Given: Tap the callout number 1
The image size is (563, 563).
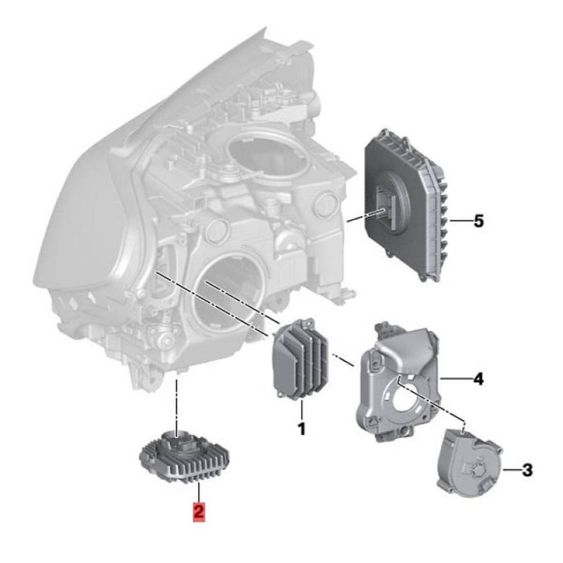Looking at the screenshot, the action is [x=302, y=429].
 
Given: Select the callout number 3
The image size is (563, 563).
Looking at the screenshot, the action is [x=527, y=470].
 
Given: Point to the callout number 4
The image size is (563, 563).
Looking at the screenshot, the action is [x=479, y=379].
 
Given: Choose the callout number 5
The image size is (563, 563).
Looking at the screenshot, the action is [x=479, y=221].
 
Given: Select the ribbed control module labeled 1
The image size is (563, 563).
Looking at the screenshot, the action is [x=301, y=358].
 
